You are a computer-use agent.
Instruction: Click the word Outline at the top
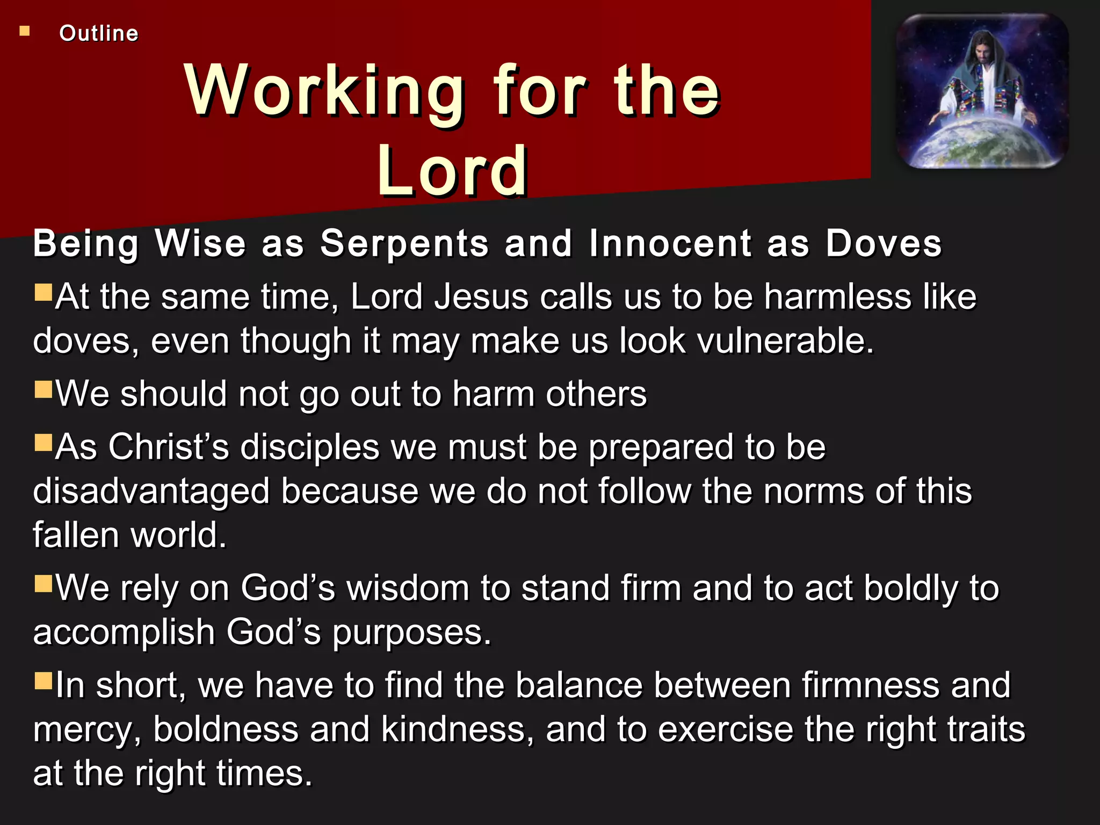coord(99,33)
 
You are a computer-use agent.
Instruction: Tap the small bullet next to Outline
coord(25,31)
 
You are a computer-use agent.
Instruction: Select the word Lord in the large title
coord(452,171)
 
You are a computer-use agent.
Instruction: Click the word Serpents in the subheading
coord(404,243)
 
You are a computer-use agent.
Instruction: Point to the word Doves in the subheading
coord(883,243)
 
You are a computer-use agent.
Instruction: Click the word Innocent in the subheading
coord(670,243)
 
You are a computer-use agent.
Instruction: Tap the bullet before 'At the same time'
coord(43,293)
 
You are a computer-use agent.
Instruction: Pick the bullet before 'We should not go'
coord(43,389)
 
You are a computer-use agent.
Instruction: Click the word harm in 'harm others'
coord(493,394)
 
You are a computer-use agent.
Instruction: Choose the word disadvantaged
coord(151,491)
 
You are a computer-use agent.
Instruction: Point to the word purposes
coord(411,632)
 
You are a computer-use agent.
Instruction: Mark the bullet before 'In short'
coord(43,681)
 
